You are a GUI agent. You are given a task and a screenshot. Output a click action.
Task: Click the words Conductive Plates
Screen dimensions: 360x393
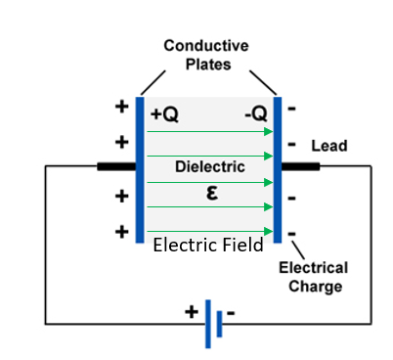(x=206, y=54)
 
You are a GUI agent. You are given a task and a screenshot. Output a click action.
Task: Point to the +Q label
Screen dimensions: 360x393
(x=165, y=114)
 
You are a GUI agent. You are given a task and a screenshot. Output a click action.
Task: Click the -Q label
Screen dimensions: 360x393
(x=256, y=114)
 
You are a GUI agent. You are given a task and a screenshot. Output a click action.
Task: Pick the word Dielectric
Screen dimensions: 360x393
(x=209, y=167)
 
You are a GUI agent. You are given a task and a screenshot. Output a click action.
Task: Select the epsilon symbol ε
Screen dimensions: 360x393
(x=211, y=193)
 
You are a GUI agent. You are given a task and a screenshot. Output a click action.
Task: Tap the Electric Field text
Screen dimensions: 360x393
(x=208, y=247)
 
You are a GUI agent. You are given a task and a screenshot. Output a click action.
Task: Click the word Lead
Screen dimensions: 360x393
(x=328, y=147)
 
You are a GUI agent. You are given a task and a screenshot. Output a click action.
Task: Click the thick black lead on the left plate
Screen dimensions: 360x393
(x=116, y=166)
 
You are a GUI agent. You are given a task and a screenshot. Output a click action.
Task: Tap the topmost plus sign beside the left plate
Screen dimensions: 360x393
(x=122, y=107)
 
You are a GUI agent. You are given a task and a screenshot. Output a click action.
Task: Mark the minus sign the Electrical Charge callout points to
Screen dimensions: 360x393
(x=292, y=234)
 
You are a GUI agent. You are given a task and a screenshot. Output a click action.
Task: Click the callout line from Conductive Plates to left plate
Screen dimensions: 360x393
(x=152, y=80)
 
